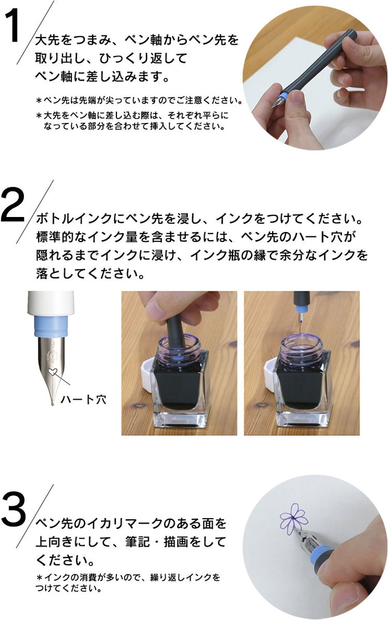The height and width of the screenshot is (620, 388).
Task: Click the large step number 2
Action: tap(13, 205)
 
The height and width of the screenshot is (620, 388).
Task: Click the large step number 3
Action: tap(13, 510)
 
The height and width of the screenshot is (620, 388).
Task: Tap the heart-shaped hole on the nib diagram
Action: tap(52, 371)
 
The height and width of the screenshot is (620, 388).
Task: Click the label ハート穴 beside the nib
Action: tap(84, 399)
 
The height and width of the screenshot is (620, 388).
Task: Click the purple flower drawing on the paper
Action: tap(293, 518)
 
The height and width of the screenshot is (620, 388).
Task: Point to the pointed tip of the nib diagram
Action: tap(53, 404)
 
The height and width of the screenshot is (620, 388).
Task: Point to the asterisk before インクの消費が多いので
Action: tap(39, 578)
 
